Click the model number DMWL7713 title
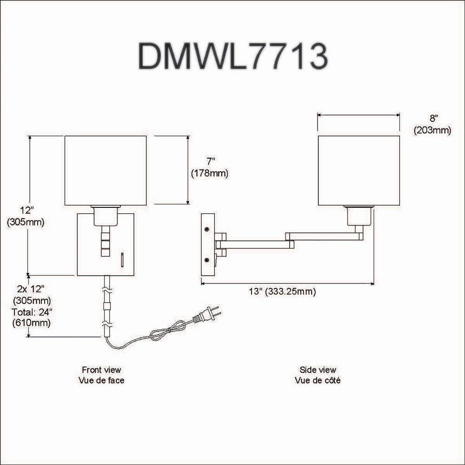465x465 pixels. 232,57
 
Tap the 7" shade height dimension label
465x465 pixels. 211,161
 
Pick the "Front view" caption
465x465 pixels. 101,370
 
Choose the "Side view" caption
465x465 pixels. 318,370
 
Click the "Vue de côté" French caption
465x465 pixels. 318,380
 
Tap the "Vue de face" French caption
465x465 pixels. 101,380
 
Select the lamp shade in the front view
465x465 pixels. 105,170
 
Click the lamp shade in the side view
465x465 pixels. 359,170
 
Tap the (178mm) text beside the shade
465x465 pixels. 210,173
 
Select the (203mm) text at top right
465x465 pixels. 432,131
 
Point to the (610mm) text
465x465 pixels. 33,323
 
